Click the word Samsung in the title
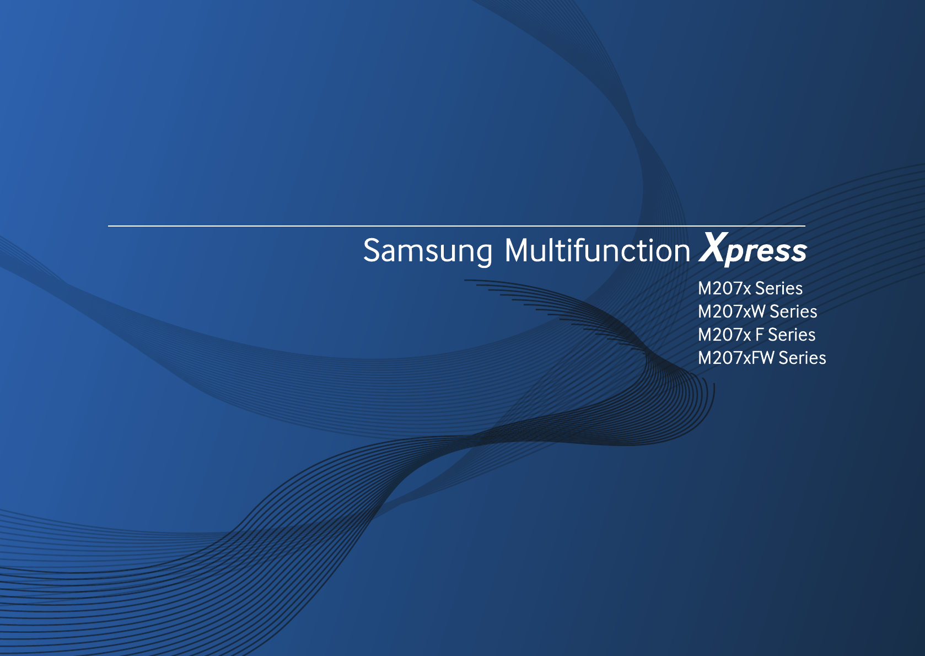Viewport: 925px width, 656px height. pos(428,251)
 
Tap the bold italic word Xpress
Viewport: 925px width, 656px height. pos(753,249)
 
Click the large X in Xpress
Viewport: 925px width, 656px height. pos(714,247)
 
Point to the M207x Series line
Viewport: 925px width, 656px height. pos(750,288)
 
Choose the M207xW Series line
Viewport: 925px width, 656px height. pos(757,311)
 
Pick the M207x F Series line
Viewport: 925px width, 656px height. pos(756,335)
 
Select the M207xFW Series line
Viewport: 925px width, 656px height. pos(762,358)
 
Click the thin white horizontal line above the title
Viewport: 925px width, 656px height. pos(457,226)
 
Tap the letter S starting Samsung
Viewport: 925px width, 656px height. pos(371,250)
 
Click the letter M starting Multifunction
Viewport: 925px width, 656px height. pos(516,251)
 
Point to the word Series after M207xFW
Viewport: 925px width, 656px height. pos(803,358)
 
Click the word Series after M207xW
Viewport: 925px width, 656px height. pos(793,311)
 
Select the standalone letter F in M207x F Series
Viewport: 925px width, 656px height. pos(759,335)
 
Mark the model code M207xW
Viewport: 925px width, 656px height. pos(732,311)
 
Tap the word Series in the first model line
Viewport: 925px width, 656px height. pos(779,288)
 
